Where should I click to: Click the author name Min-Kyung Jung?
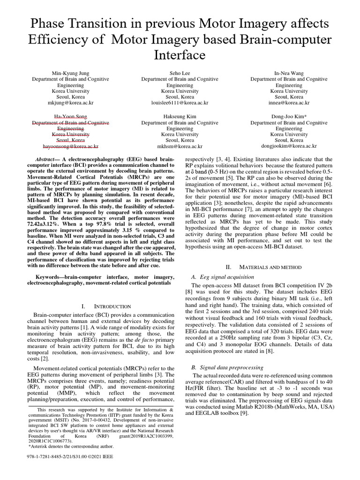coord(70,73)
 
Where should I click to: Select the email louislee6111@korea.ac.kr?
coord(180,102)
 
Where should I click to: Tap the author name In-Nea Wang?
coord(289,73)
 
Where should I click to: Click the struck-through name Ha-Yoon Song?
coord(70,116)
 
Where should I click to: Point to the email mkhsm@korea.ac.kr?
coord(180,146)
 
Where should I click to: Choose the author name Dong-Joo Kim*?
coord(289,116)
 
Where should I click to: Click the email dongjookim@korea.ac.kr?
coord(289,146)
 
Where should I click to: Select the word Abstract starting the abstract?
coord(47,160)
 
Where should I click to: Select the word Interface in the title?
coord(180,55)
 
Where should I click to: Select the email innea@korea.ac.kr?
coord(289,102)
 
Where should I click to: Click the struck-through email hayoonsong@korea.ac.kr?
coord(70,146)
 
